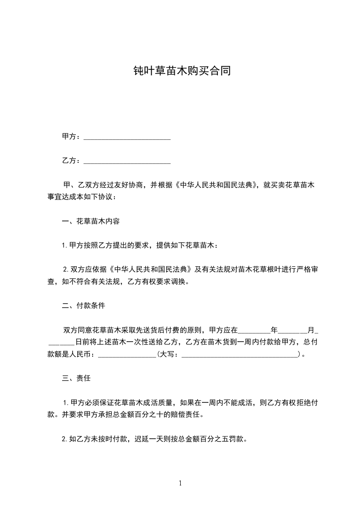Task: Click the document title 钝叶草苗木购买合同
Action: coord(180,71)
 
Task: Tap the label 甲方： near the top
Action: coord(71,137)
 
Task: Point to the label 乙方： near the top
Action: coord(71,161)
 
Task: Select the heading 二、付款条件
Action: coord(84,305)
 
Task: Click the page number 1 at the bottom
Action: coord(180,483)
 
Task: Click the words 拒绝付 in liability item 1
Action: coord(311,402)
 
